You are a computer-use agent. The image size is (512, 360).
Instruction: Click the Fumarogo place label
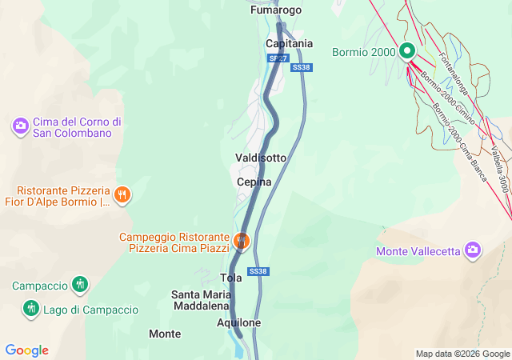tap(276, 10)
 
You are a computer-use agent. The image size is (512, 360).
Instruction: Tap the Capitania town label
tap(289, 43)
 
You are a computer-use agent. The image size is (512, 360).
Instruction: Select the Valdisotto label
tap(260, 158)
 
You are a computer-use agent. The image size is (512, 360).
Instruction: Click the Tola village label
tap(230, 278)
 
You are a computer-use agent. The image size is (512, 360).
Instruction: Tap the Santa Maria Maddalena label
tap(202, 300)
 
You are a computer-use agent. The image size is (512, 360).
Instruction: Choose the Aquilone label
tap(239, 322)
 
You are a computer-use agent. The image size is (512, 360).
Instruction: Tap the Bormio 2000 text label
tap(364, 53)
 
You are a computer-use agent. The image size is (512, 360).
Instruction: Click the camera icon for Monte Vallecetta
tap(473, 250)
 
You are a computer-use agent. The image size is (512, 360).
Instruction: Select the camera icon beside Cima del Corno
tap(20, 126)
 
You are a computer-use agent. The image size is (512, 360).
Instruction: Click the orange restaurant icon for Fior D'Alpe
tap(122, 194)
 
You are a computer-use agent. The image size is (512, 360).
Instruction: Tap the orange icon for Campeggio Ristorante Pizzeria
tap(241, 239)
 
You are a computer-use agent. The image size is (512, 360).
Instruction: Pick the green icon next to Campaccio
tap(79, 284)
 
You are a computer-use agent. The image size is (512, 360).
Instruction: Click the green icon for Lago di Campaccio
tap(31, 308)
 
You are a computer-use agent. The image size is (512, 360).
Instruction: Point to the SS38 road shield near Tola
tap(258, 272)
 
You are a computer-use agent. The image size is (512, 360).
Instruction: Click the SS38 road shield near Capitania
tap(301, 68)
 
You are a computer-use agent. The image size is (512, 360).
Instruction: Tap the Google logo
tap(27, 350)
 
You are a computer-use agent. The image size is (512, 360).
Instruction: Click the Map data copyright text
tap(462, 354)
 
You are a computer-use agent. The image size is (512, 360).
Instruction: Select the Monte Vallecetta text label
tap(417, 251)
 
